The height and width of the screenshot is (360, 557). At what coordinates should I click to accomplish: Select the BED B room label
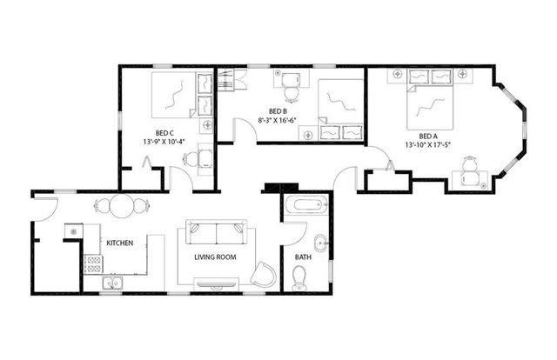pyautogui.click(x=278, y=111)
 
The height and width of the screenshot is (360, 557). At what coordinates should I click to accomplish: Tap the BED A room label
pyautogui.click(x=427, y=137)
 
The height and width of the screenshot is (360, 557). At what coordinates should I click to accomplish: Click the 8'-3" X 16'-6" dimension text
pyautogui.click(x=278, y=120)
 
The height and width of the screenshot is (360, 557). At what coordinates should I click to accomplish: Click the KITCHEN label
pyautogui.click(x=119, y=243)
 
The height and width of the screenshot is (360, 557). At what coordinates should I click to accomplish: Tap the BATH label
pyautogui.click(x=303, y=257)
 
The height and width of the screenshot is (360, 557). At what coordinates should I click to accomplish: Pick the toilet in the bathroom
pyautogui.click(x=299, y=277)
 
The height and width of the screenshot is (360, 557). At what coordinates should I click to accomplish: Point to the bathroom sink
pyautogui.click(x=319, y=243)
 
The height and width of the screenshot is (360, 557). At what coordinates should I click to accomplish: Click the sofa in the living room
pyautogui.click(x=217, y=234)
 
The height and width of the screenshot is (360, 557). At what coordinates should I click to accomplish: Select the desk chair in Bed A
pyautogui.click(x=471, y=163)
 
